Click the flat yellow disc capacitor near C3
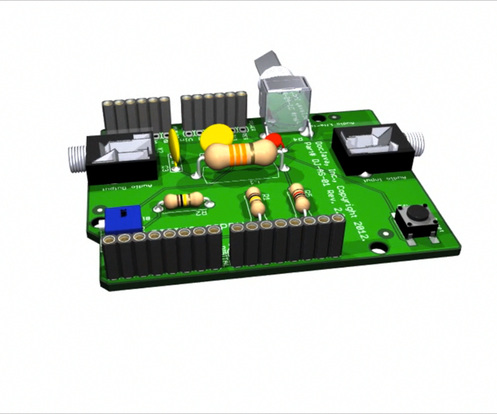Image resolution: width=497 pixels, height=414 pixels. click(x=176, y=147)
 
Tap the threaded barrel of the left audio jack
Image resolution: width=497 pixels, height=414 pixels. click(x=77, y=157)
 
